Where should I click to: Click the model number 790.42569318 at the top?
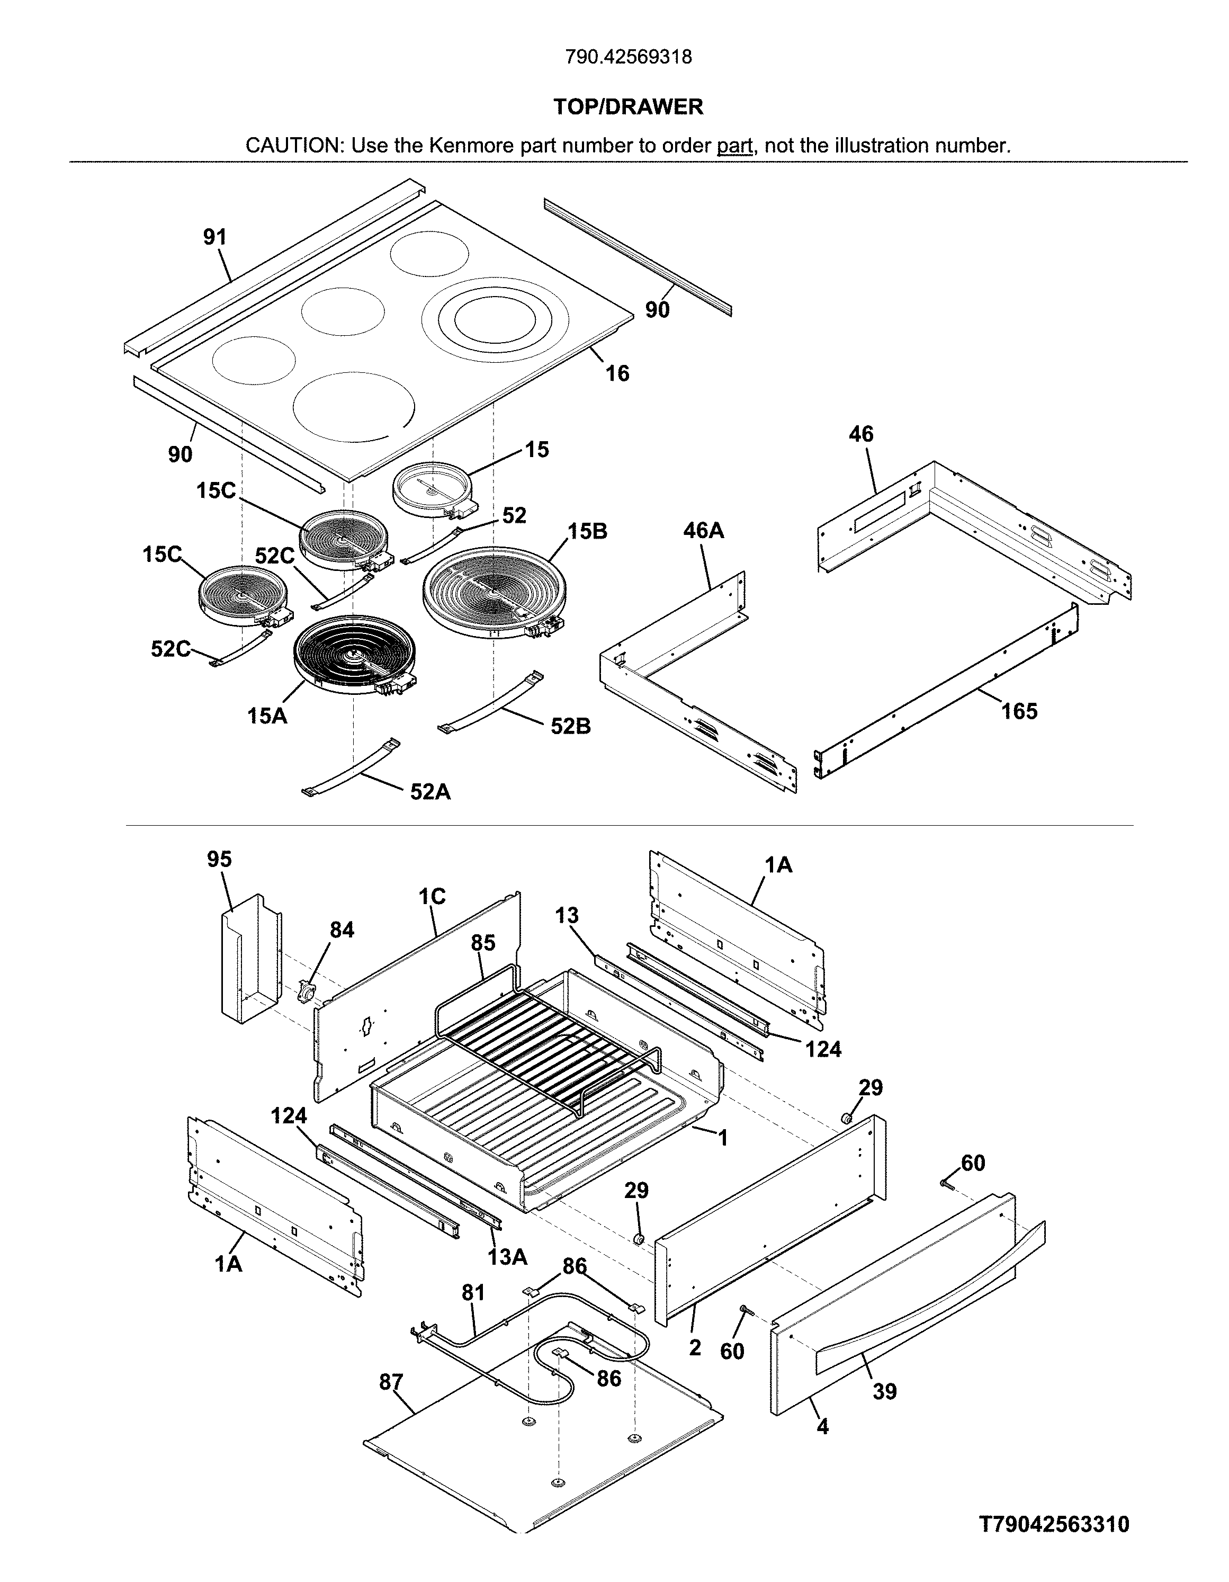pyautogui.click(x=628, y=57)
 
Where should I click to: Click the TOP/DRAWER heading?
pyautogui.click(x=628, y=107)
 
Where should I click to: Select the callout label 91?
pyautogui.click(x=215, y=237)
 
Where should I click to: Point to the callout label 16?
pyautogui.click(x=617, y=374)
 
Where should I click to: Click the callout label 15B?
pyautogui.click(x=587, y=531)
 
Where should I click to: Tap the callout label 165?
pyautogui.click(x=1019, y=711)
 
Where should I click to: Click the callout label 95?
pyautogui.click(x=219, y=859)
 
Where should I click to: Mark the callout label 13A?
pyautogui.click(x=507, y=1257)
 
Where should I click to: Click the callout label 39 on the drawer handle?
pyautogui.click(x=884, y=1391)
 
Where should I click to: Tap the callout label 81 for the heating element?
pyautogui.click(x=473, y=1292)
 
